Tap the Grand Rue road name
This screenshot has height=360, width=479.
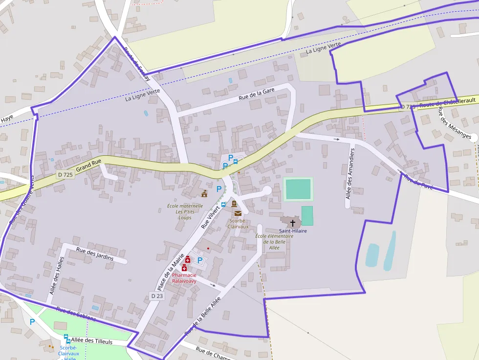coord(88,165)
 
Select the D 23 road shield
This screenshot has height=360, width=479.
coord(156,296)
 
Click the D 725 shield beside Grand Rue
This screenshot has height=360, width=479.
coord(65,174)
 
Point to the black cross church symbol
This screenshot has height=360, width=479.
coord(293,223)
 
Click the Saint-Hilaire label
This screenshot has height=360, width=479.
coord(293,231)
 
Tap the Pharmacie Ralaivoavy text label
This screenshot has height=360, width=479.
coord(184,278)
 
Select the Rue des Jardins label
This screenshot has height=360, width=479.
coord(95,254)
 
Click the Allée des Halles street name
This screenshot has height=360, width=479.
coord(56,275)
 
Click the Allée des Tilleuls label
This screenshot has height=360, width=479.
coord(91,340)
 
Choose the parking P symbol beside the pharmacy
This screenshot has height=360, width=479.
coord(200,260)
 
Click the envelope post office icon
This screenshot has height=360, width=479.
coord(238,213)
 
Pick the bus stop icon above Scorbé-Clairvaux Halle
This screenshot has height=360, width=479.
coord(66,337)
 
